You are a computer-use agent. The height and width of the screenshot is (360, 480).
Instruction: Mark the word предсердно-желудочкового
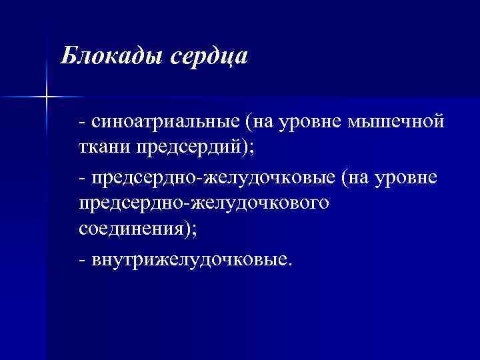pos(203,203)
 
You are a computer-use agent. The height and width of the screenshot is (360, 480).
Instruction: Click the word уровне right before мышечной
pos(315,122)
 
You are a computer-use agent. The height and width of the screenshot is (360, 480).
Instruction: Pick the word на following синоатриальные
pos(265,123)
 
